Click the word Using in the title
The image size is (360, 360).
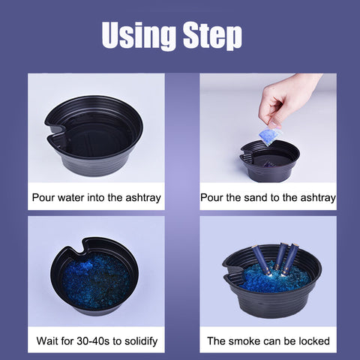139,35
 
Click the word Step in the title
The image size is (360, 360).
212,35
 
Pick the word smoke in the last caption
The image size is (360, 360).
242,341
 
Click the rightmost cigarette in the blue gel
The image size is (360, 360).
290,260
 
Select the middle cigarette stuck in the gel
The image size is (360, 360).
279,257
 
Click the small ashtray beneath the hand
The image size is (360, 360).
269,161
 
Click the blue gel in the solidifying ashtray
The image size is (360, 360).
96,280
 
